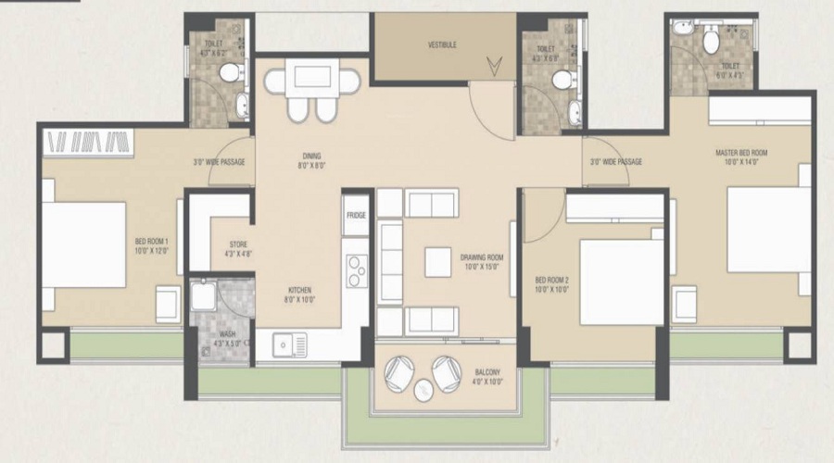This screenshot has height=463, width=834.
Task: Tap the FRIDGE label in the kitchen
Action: coord(357,216)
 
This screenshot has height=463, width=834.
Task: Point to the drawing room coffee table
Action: coord(438,262)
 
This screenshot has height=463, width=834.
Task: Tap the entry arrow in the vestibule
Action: coord(495,65)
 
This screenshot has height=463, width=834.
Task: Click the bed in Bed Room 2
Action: coord(622,282)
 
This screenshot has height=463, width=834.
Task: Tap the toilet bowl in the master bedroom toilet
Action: coord(711,42)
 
